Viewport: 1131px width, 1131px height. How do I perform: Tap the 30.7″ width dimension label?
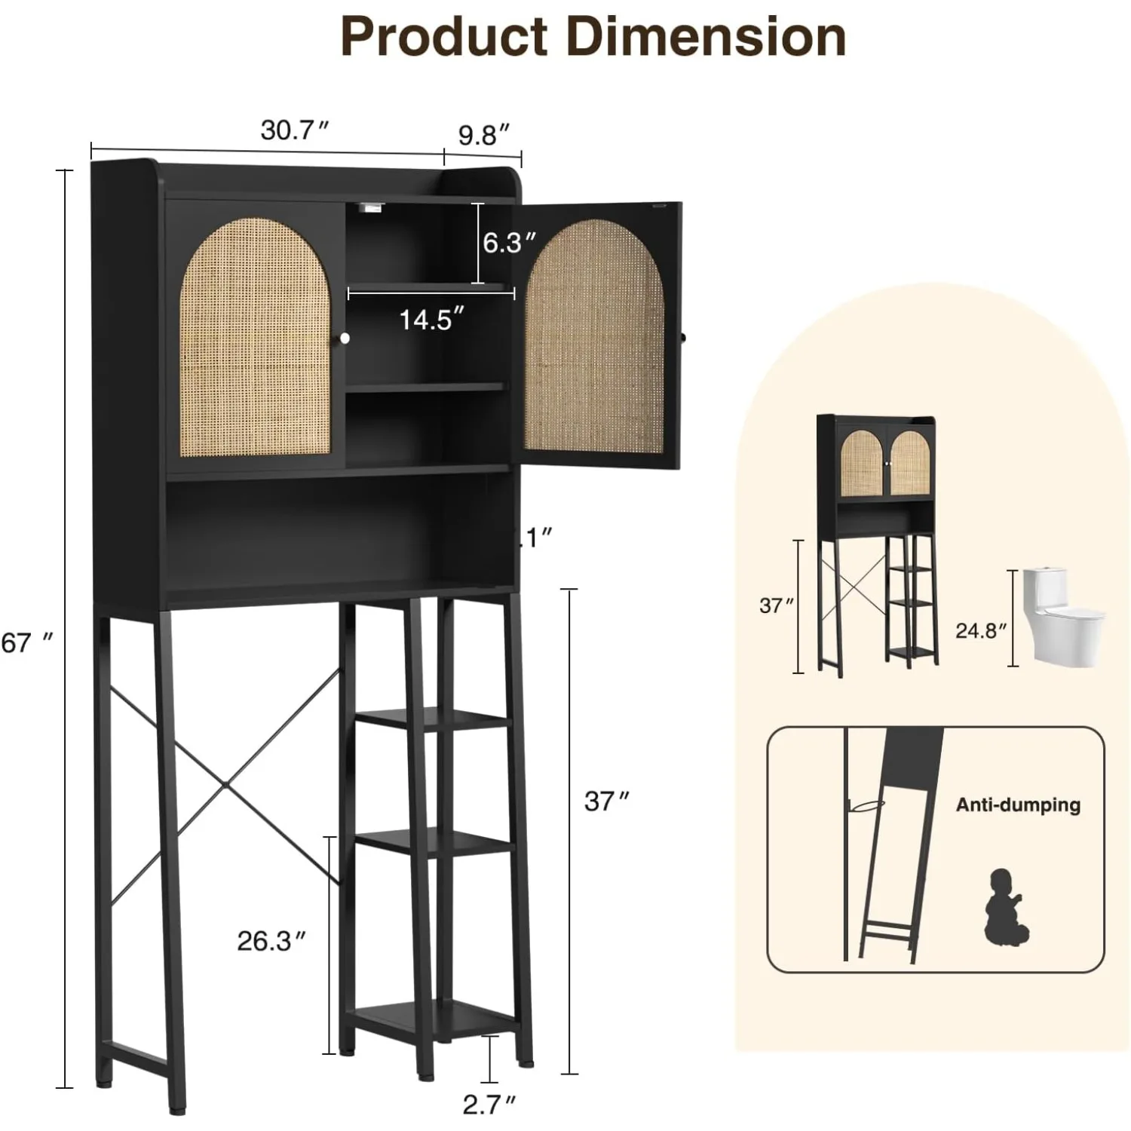(295, 130)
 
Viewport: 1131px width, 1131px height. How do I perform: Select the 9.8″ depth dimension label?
(484, 135)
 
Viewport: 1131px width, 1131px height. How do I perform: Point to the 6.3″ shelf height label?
(510, 243)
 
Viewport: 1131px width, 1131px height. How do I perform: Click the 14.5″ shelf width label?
(426, 320)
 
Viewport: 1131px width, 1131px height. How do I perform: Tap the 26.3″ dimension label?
(271, 941)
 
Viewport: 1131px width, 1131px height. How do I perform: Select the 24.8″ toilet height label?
(981, 630)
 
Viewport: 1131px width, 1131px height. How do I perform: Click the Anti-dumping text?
(1018, 805)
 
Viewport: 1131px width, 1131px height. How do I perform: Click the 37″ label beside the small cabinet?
(777, 605)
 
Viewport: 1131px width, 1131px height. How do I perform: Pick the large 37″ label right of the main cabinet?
(606, 801)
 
